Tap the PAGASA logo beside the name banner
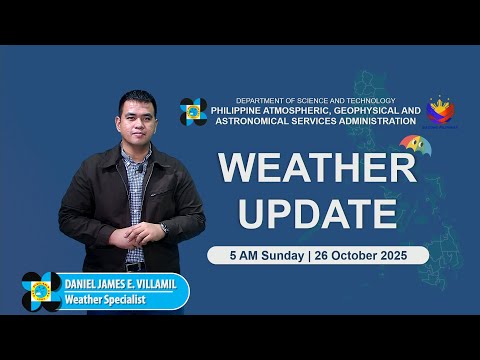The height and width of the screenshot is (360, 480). (41, 291)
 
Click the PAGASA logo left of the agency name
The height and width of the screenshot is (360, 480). (193, 112)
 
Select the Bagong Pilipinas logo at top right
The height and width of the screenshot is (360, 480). (440, 110)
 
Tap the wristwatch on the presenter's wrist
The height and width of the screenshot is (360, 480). (164, 228)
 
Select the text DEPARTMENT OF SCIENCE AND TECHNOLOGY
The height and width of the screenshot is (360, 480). (315, 101)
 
